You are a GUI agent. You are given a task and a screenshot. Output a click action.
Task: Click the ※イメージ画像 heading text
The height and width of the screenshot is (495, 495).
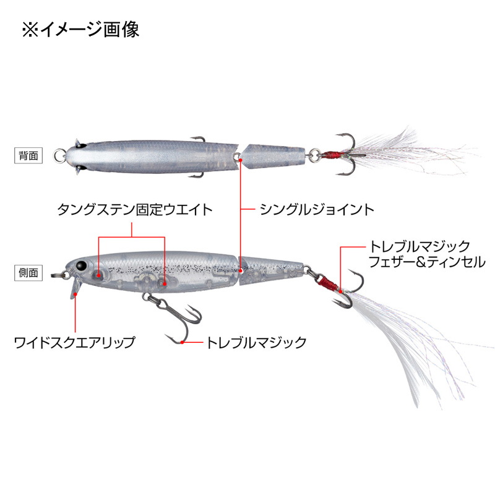[x=81, y=30]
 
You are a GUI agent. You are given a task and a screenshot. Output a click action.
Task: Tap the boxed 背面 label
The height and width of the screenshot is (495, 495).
[x=28, y=156]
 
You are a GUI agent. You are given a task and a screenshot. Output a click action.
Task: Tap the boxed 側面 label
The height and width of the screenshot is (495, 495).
[x=28, y=272]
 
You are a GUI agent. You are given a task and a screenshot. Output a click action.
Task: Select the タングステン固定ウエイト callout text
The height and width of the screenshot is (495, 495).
[x=135, y=210]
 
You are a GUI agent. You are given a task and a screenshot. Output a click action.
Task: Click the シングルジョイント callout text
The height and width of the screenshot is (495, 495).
[x=317, y=210]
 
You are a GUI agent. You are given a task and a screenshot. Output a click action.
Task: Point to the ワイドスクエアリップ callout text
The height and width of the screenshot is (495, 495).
[x=74, y=342]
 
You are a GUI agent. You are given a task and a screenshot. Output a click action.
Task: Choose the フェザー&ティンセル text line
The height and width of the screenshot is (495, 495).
[x=427, y=262]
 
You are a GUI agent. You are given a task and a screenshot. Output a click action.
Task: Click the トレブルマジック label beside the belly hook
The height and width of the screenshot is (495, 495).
[x=256, y=342]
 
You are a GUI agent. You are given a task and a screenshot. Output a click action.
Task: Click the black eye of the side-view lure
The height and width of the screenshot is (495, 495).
[x=82, y=265]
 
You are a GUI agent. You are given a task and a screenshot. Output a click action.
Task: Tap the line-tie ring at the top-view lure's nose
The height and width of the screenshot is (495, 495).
[x=59, y=156]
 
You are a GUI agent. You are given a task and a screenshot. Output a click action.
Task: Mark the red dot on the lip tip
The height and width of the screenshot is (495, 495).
[x=75, y=295]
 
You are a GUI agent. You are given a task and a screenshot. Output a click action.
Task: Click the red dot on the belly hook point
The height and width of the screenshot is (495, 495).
[x=182, y=342]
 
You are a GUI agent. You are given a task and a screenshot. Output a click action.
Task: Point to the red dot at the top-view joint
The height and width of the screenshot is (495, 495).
[x=241, y=160]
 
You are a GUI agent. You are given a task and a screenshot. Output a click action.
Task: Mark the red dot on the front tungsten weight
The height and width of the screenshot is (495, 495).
[x=98, y=275]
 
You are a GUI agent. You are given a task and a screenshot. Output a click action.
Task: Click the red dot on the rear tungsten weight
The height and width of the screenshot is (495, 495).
[x=165, y=283]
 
